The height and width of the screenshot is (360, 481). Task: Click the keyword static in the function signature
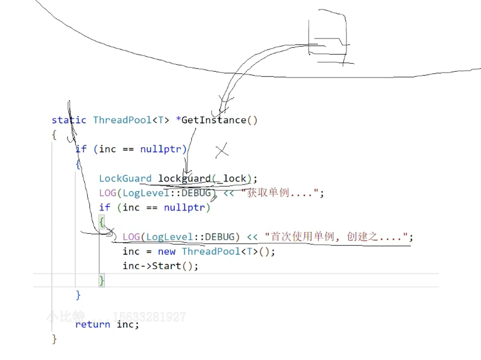pyautogui.click(x=69, y=120)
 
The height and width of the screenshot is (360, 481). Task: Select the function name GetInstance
pyautogui.click(x=214, y=120)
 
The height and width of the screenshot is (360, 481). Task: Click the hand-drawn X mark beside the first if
pyautogui.click(x=222, y=150)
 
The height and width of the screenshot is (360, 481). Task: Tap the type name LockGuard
pyautogui.click(x=125, y=178)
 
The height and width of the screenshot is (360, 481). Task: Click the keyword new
pyautogui.click(x=167, y=251)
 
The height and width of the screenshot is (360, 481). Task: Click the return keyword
pyautogui.click(x=93, y=324)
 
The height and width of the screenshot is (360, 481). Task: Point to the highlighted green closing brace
pyautogui.click(x=101, y=280)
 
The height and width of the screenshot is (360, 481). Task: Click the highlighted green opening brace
pyautogui.click(x=101, y=222)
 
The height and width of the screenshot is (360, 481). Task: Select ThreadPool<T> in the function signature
pyautogui.click(x=131, y=120)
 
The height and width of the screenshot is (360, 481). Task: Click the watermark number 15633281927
pyautogui.click(x=149, y=317)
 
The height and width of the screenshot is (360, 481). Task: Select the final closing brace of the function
pyautogui.click(x=54, y=339)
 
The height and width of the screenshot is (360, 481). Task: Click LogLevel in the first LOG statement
pyautogui.click(x=146, y=193)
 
